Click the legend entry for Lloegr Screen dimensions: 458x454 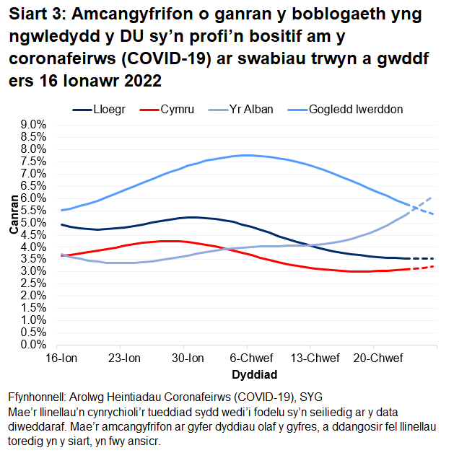pyautogui.click(x=108, y=110)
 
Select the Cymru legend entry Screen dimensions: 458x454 pyautogui.click(x=176, y=110)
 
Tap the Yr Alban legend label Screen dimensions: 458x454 pyautogui.click(x=248, y=110)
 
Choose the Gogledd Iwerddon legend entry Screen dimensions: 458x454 pyautogui.click(x=355, y=110)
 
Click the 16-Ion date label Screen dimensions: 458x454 pyautogui.click(x=61, y=358)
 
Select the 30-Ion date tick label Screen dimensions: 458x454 pyautogui.click(x=185, y=358)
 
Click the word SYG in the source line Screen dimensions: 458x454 pyautogui.click(x=311, y=397)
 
